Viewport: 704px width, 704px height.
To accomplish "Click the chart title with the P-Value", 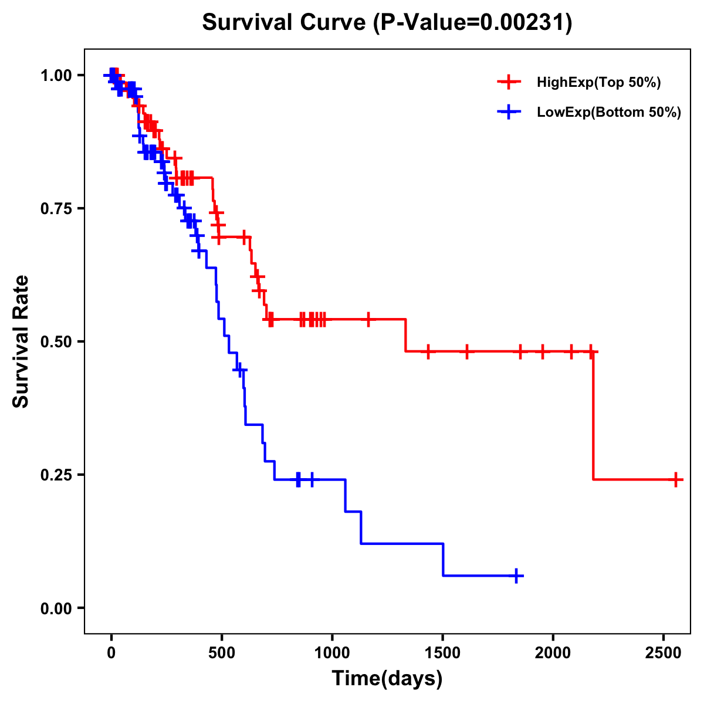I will point(387,22).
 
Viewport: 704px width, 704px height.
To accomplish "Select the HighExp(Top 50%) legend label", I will point(599,83).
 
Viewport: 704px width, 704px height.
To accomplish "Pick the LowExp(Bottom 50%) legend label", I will point(609,113).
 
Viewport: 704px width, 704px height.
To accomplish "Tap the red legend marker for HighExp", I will point(509,82).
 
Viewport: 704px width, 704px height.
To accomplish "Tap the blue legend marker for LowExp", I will point(509,112).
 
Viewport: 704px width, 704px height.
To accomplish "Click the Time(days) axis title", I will point(387,679).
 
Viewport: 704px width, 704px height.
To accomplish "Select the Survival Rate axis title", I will point(21,341).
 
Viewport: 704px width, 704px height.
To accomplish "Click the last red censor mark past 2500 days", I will point(676,480).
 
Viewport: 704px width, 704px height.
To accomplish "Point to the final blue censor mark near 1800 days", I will point(516,576).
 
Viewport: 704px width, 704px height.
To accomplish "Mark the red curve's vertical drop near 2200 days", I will point(593,417).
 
